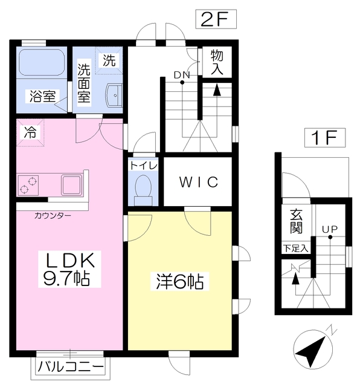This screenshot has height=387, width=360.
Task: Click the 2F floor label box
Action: tap(214, 19)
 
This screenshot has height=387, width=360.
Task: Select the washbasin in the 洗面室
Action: tap(113, 94)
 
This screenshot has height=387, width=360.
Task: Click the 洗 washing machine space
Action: tap(109, 60)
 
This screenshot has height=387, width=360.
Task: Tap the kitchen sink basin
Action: tap(71, 183)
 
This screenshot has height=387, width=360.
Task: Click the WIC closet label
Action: tap(198, 182)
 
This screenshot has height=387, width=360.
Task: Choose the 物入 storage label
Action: tap(217, 62)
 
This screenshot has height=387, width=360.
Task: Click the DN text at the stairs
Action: tap(182, 75)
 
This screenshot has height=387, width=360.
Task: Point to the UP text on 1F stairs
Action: tap(329, 229)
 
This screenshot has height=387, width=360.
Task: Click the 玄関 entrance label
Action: tap(297, 221)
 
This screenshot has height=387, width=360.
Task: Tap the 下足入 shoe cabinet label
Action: tap(295, 248)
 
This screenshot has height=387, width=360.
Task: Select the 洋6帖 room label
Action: tap(179, 281)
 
